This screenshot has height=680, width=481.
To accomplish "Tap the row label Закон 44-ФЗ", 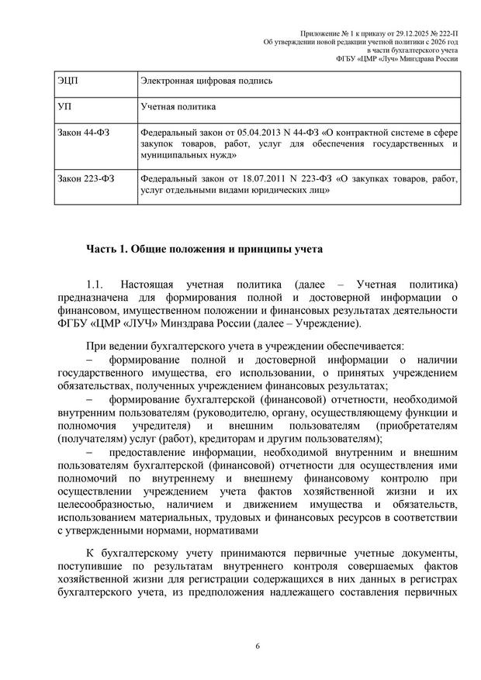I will tap(84, 133).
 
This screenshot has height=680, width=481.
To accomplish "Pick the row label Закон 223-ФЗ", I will tap(86, 179).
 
